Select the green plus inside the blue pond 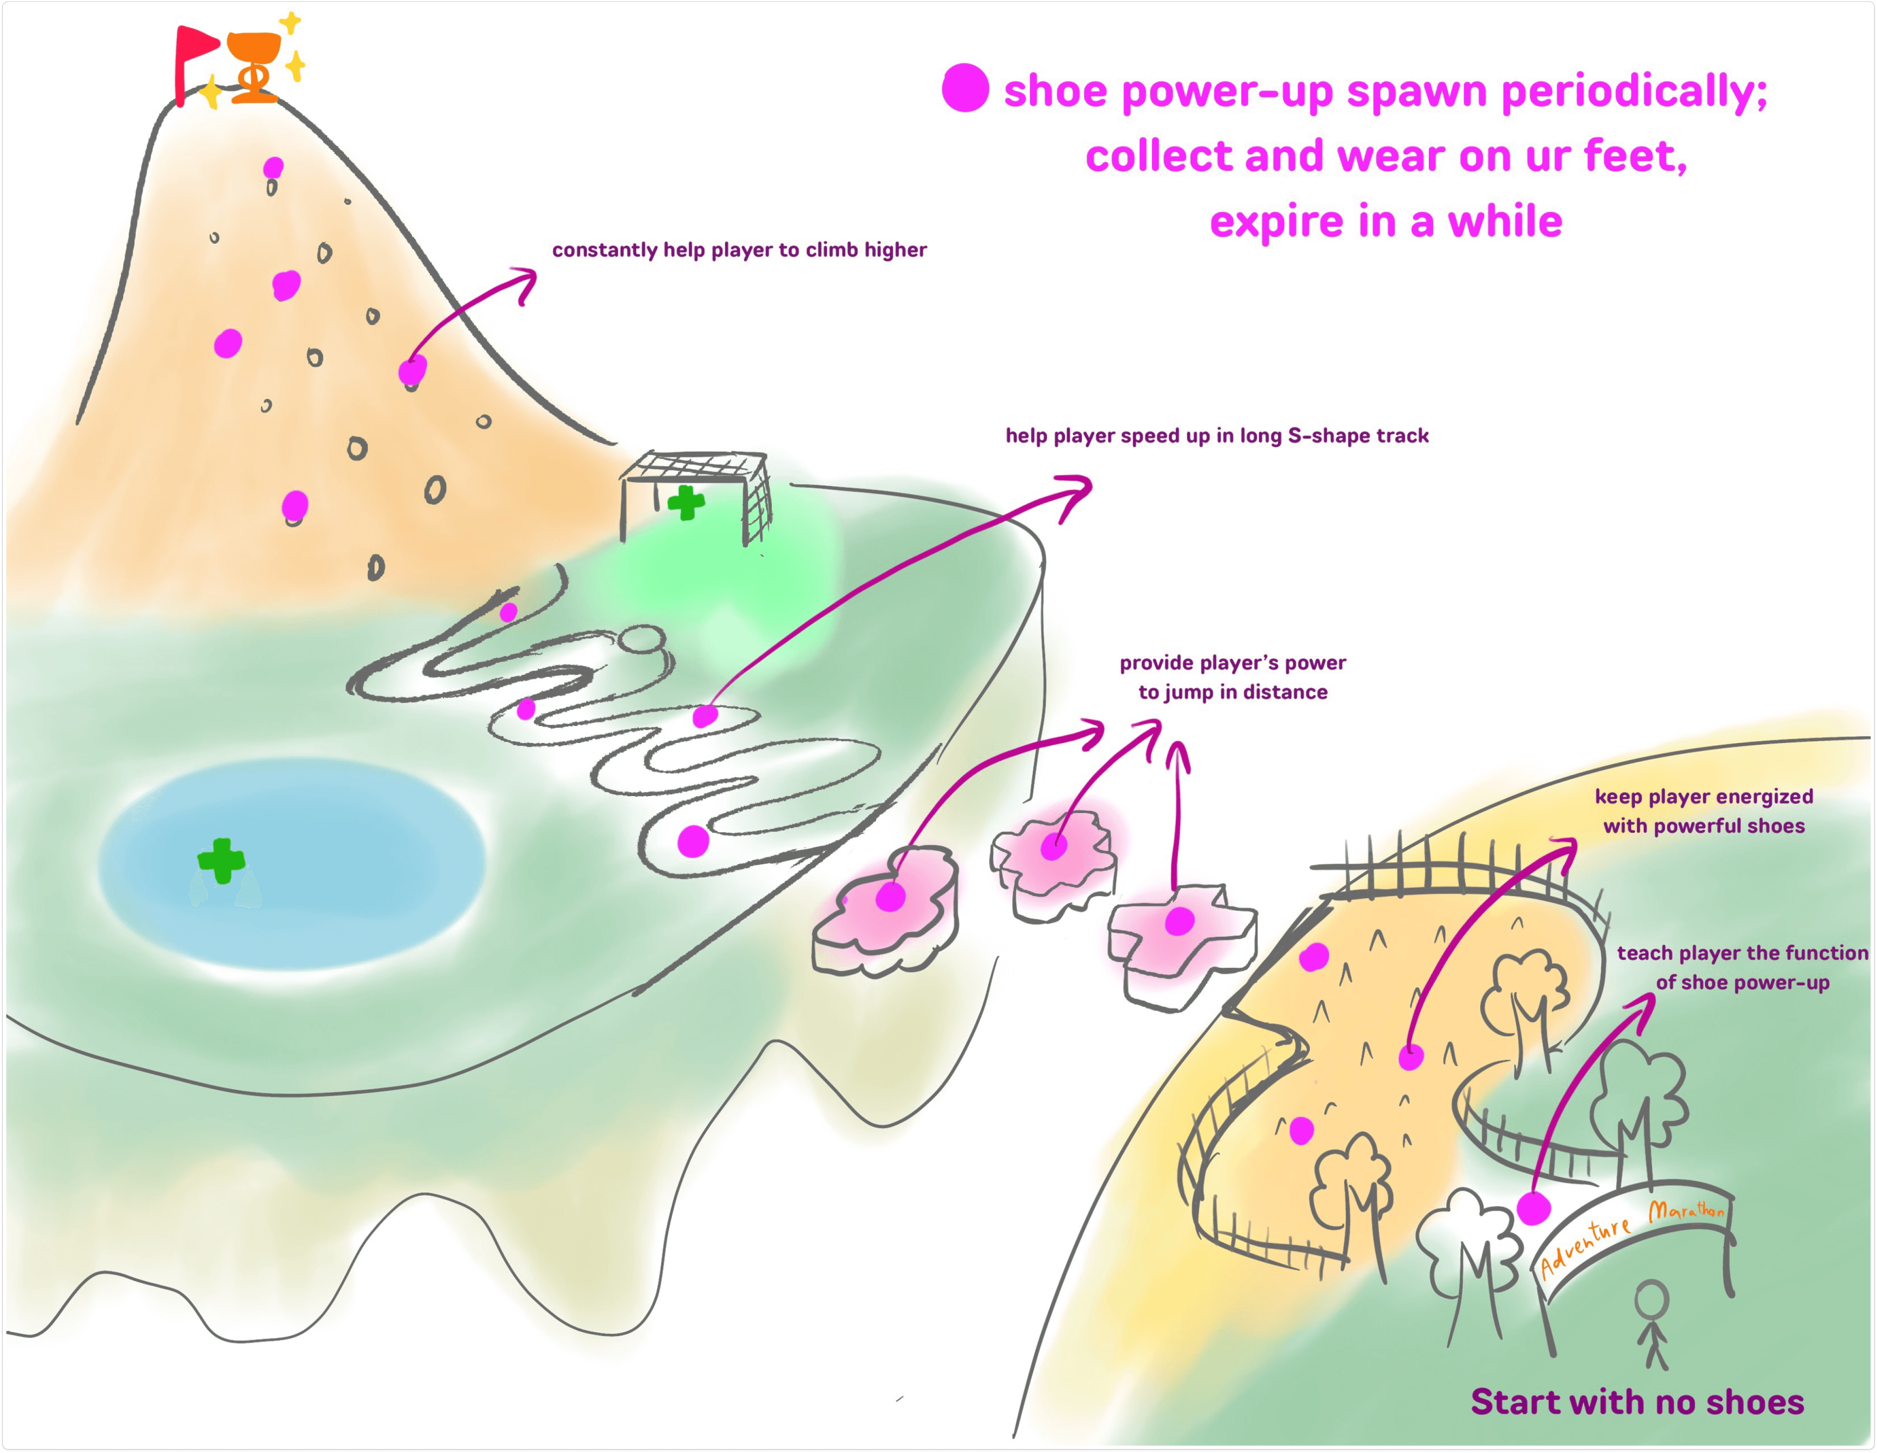click(x=221, y=859)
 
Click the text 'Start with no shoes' click(x=1637, y=1401)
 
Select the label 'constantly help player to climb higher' click(x=739, y=250)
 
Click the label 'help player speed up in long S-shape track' click(x=1217, y=436)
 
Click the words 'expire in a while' click(x=1385, y=222)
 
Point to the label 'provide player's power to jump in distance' click(x=1232, y=677)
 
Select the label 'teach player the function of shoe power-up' click(x=1742, y=967)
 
